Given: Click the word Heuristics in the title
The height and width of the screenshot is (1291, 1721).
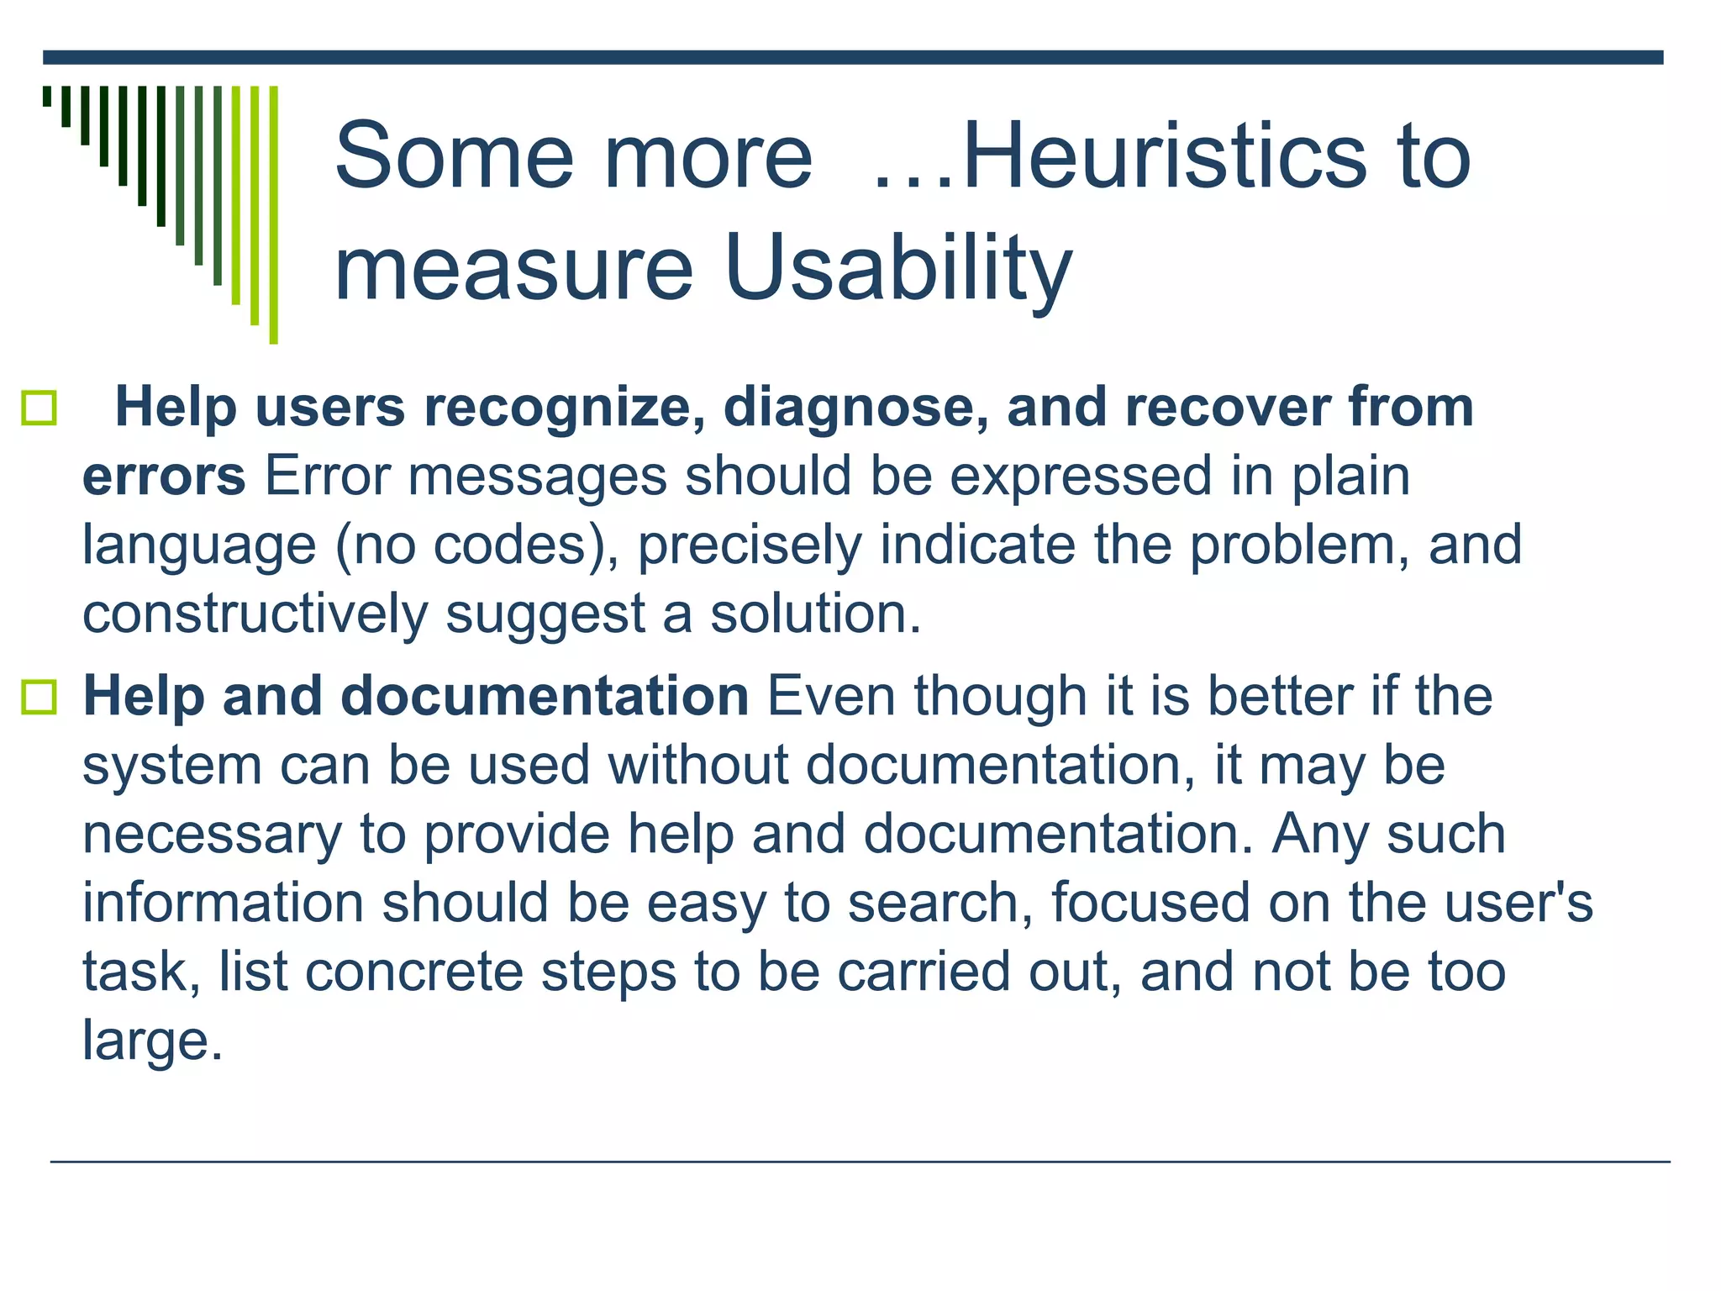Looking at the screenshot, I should pos(1165,156).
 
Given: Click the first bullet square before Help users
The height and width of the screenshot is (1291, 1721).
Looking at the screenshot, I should pos(39,408).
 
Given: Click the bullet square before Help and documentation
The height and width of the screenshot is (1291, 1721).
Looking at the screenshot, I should pos(39,698).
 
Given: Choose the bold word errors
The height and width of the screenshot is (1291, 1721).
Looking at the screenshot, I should pos(164,477).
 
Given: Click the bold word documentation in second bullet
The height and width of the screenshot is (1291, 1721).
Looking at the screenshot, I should pos(545,697).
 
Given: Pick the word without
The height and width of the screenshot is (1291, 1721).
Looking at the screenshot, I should pos(698,766).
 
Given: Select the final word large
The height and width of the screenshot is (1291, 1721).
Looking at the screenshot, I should pos(151,1041).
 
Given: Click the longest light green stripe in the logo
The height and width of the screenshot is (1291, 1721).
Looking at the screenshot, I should pos(273,214).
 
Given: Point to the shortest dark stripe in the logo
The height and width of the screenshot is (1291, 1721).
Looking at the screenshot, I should pos(47,96).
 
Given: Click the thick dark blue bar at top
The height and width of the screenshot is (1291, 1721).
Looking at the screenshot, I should pos(852,57).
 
